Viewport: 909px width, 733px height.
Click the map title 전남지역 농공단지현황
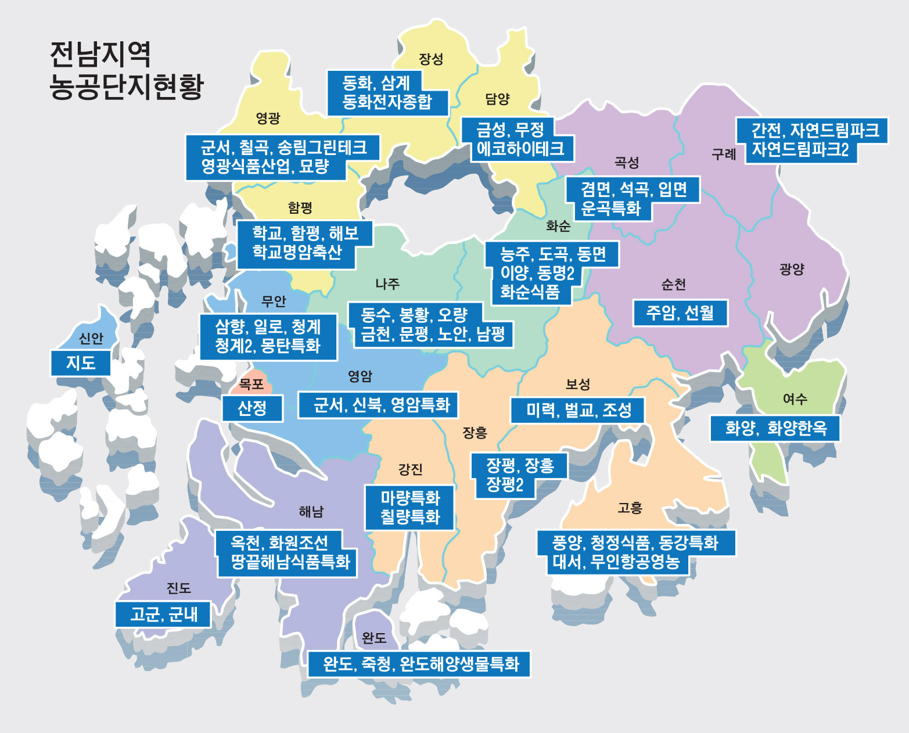[126, 70]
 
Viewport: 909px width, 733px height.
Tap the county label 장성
[431, 59]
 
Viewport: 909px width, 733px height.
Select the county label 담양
[497, 99]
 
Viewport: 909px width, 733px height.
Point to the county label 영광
[268, 118]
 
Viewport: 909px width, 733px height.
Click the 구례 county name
[724, 154]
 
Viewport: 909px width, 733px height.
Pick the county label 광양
[792, 269]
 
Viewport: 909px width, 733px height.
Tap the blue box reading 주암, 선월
[680, 313]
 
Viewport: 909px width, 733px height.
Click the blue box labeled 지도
[81, 363]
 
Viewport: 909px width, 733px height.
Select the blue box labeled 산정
[252, 408]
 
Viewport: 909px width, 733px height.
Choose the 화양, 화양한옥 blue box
[775, 429]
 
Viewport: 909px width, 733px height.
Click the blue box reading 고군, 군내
[163, 614]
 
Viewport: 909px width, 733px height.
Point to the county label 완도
[374, 638]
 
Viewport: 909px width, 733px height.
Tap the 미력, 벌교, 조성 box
[579, 411]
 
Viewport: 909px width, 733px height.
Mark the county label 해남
[311, 512]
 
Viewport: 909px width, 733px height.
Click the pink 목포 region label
[251, 384]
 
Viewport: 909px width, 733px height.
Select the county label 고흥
[630, 508]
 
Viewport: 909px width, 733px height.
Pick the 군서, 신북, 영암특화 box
[382, 405]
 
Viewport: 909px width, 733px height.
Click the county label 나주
[387, 284]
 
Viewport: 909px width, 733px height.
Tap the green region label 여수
[795, 399]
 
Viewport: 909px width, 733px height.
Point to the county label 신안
[91, 339]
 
